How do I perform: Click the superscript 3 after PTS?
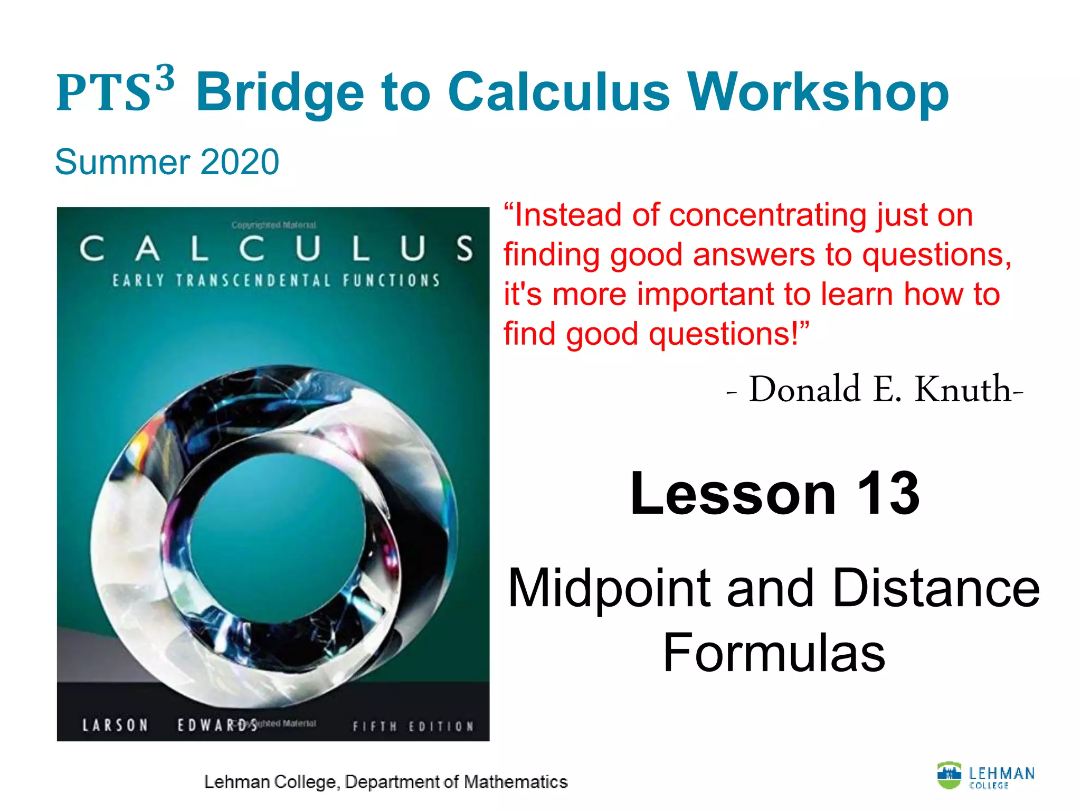[x=165, y=78]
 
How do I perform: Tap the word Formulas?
[x=774, y=654]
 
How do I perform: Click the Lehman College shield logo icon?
[x=949, y=775]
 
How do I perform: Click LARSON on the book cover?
[x=115, y=725]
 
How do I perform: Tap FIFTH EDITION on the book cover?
[x=413, y=727]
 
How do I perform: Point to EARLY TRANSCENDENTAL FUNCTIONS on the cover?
[x=276, y=280]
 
